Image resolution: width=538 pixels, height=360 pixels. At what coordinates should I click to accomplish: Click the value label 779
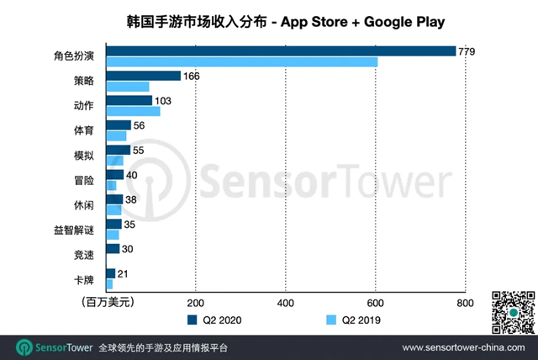tap(467, 51)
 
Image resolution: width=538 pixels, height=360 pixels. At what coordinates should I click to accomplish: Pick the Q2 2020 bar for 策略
tap(144, 76)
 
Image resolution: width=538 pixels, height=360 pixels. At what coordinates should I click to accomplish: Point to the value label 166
tap(193, 76)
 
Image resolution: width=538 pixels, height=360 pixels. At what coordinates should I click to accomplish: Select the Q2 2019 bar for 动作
tap(133, 111)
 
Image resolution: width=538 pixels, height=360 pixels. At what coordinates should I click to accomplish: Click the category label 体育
tap(84, 130)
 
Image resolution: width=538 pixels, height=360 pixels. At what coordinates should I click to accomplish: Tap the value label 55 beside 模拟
tap(142, 150)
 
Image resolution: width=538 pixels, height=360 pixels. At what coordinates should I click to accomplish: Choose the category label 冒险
tap(84, 180)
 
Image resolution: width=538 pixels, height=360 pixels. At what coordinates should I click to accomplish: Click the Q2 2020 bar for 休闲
tap(115, 199)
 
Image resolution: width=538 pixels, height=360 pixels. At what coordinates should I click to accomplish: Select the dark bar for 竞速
tap(113, 248)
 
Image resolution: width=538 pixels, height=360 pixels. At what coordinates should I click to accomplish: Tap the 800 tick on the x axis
tap(465, 302)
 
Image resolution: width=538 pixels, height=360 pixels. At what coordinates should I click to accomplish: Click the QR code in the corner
tap(512, 310)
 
